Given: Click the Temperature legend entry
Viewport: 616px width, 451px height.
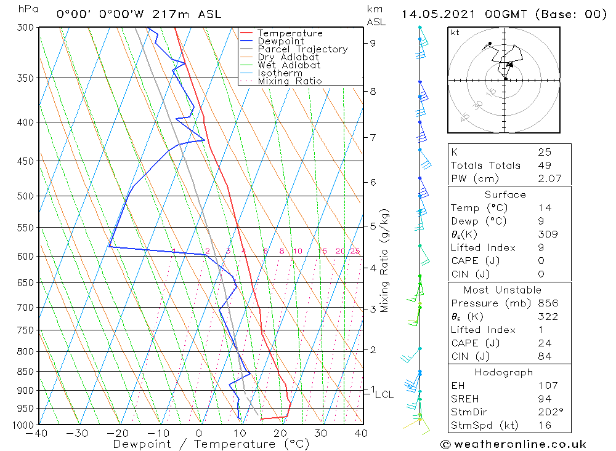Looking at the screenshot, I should pos(290,33).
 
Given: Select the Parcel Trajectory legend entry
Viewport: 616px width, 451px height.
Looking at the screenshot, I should pos(302,49).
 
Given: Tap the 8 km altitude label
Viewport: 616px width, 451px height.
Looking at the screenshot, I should pos(373,91).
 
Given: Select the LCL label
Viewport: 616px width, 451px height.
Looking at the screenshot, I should pos(384,394).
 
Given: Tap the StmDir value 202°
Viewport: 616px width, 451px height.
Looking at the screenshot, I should pos(548,412).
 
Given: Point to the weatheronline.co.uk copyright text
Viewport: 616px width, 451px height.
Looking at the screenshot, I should pos(513,444).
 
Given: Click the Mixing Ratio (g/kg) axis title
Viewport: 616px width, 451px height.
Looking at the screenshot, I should pos(385,260).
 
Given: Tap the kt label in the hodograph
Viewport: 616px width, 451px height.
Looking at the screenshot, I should pos(455,33).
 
